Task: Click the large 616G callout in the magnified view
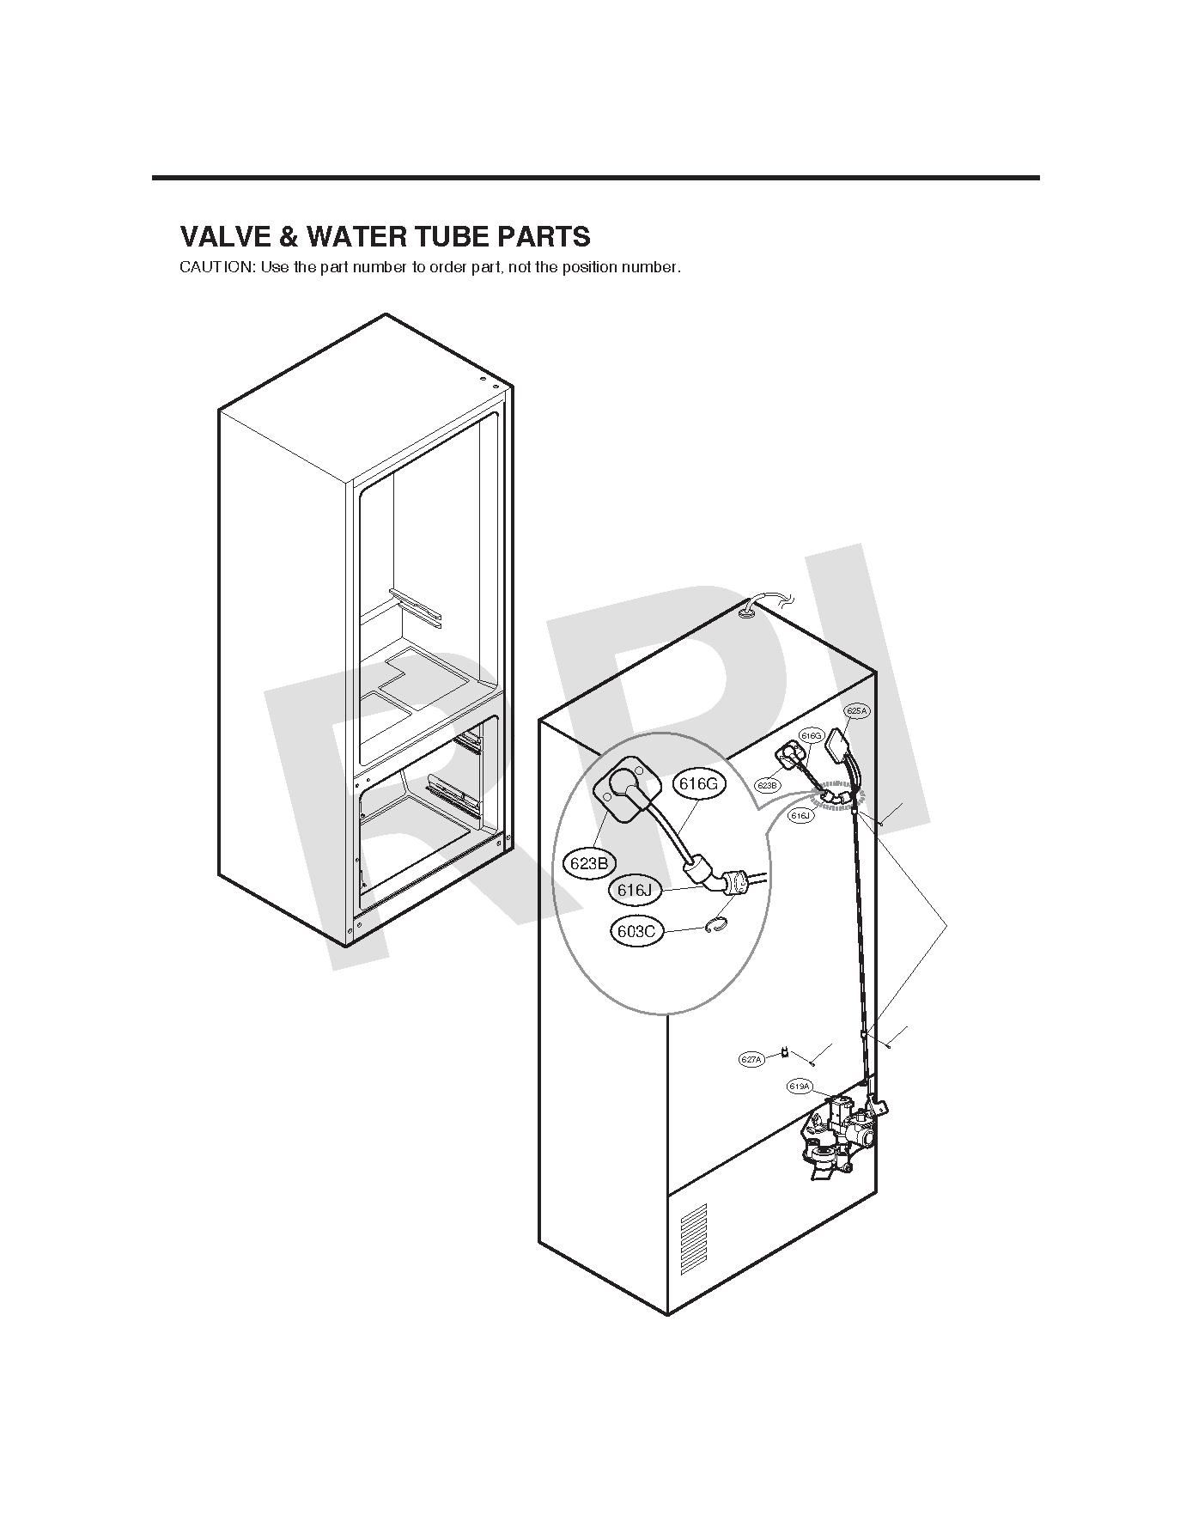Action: pos(697,783)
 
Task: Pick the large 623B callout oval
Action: pos(589,863)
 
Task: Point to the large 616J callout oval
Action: pos(636,891)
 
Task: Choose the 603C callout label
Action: pos(637,931)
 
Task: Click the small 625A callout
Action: pos(857,711)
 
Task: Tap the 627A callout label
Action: pos(751,1060)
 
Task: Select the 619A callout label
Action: pos(799,1087)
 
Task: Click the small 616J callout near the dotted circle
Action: pos(800,816)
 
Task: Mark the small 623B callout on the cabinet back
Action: pos(768,785)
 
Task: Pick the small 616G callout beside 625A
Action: pos(811,736)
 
